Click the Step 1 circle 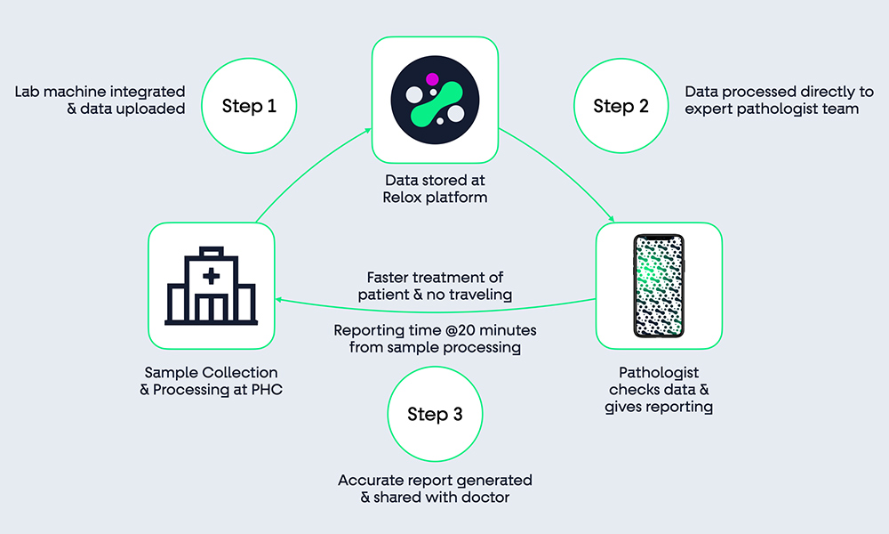249,106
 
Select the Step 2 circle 621,106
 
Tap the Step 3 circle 435,414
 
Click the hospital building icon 211,285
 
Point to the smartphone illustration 659,285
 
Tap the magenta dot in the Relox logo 432,78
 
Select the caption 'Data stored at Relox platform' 436,189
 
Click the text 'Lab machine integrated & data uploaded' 100,100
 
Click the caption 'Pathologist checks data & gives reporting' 659,390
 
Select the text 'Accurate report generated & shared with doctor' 435,489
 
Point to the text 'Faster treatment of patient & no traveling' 434,286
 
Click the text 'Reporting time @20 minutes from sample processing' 435,338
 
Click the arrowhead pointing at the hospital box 279,300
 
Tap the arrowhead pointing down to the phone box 612,219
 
